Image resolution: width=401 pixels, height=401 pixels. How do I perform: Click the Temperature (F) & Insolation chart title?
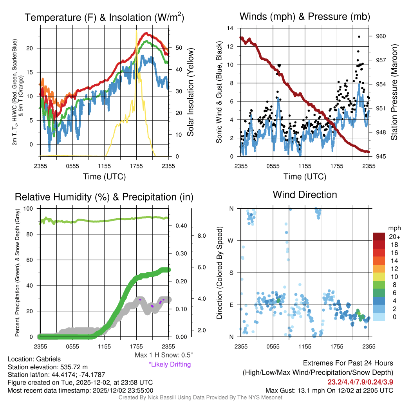point(104,17)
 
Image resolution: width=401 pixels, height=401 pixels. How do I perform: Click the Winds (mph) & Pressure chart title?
point(305,16)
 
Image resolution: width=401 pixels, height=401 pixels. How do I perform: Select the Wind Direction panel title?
point(305,195)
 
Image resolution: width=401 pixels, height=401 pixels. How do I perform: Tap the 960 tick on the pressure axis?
point(381,36)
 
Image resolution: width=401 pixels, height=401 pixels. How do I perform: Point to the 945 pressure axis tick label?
point(381,156)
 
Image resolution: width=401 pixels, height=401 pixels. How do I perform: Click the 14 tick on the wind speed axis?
point(230,28)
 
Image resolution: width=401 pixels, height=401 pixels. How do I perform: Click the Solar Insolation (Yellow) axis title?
point(191,92)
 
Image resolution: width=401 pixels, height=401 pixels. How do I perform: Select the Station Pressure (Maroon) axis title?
point(394,92)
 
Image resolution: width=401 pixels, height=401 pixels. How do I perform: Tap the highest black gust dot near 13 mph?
point(359,36)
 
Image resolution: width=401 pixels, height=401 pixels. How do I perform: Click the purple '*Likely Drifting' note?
point(169,365)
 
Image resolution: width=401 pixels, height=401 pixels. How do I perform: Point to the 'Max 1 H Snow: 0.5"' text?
point(163,355)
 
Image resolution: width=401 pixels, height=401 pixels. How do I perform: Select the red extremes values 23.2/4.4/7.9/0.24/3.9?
point(360,382)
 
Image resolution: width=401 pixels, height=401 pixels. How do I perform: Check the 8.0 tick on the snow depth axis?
point(201,236)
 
